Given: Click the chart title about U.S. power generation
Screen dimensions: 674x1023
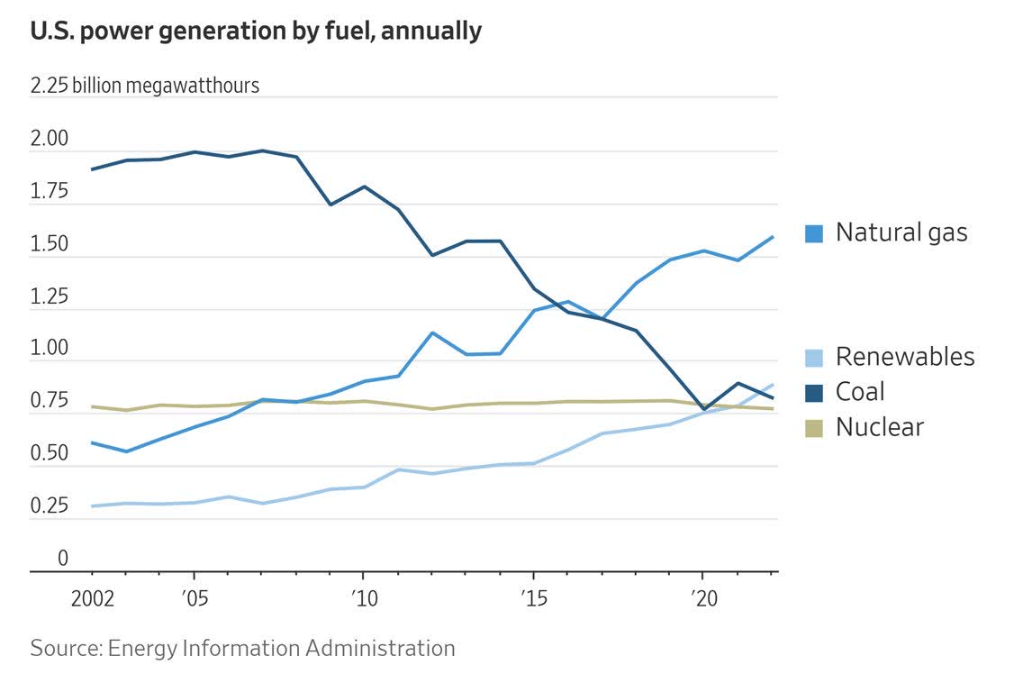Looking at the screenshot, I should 256,31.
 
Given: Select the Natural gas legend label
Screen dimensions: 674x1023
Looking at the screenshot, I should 901,232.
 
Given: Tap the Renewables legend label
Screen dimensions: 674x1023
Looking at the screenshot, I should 905,356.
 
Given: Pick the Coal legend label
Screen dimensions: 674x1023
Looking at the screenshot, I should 860,391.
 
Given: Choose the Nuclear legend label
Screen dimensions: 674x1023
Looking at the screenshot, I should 880,426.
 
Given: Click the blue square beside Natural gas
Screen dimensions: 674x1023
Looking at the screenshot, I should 814,233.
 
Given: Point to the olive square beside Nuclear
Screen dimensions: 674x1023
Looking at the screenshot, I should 814,427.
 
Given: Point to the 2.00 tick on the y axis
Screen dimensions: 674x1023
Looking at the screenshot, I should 50,140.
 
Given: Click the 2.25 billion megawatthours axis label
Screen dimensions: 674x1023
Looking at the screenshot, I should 145,86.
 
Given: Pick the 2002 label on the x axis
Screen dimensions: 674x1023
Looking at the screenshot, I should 93,598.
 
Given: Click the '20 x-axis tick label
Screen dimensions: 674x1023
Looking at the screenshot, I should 702,598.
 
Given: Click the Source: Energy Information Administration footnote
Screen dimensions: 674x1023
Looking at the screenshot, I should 242,647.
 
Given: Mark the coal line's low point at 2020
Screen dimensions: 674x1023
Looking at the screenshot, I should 702,409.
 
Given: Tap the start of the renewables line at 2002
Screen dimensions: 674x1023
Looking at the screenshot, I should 93,505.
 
